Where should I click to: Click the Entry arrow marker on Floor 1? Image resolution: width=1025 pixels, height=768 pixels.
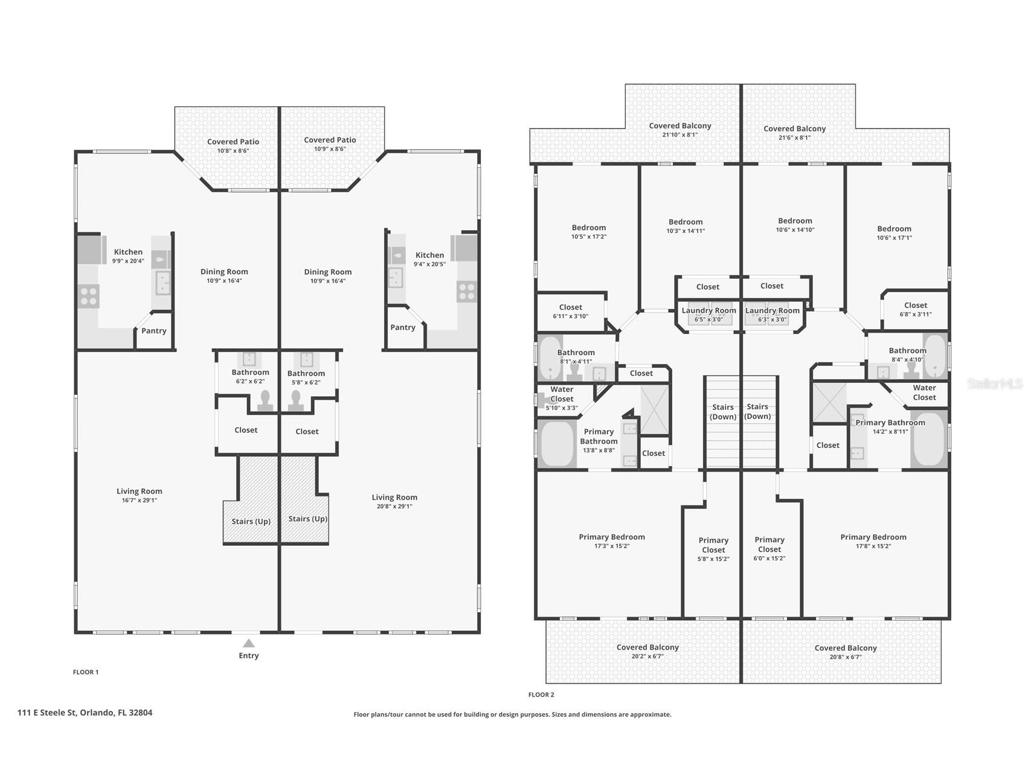coord(248,643)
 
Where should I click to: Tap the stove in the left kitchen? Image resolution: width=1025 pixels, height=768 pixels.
coord(89,296)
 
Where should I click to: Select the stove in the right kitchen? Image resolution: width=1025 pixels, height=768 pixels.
coord(466,292)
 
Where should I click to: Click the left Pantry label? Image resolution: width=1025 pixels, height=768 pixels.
coord(154,331)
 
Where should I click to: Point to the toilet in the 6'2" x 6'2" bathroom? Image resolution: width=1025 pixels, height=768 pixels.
coord(265,402)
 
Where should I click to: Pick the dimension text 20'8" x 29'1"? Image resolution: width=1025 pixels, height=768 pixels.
coord(394,507)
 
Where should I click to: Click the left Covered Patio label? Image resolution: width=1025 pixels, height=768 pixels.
coord(233,142)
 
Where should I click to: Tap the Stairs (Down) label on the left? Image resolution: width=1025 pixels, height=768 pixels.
coord(723,412)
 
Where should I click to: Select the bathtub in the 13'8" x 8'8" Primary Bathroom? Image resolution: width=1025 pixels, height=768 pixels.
coord(556,444)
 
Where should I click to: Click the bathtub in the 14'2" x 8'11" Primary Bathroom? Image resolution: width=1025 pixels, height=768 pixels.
coord(928,439)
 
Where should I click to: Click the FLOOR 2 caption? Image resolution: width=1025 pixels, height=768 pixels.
coord(541,695)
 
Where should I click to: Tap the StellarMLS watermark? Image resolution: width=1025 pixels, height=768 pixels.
coord(995,384)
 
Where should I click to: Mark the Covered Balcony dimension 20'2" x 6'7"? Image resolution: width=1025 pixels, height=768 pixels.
coord(647,656)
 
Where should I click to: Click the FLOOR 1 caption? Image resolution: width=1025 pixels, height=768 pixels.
coord(86,672)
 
